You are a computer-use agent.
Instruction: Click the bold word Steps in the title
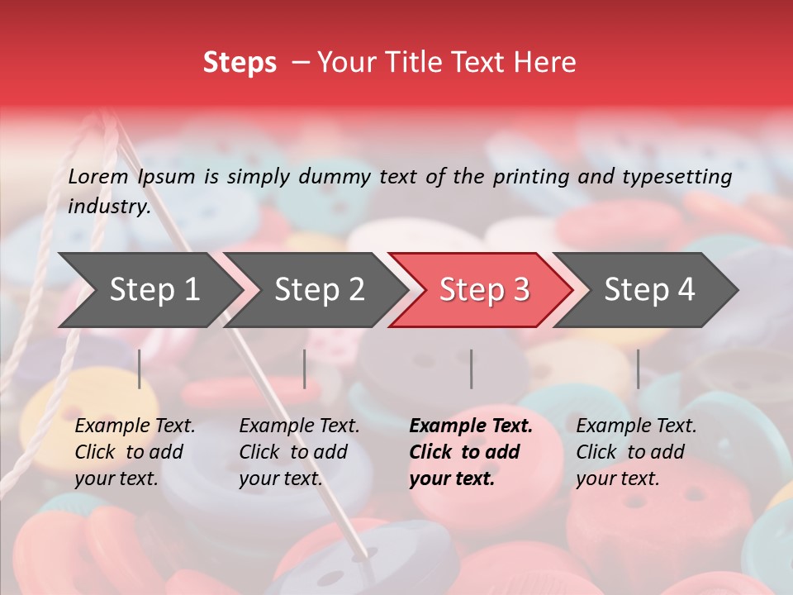[240, 63]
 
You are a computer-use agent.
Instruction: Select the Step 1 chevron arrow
[149, 289]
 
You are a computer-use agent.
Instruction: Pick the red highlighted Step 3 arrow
[483, 289]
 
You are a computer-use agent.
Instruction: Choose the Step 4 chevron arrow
[648, 289]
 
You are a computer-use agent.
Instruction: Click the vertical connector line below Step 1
[140, 369]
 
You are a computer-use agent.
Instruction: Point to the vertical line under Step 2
[305, 369]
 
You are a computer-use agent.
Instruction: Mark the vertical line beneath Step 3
[472, 369]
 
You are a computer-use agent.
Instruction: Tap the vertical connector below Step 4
[639, 369]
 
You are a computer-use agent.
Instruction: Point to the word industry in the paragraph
[108, 206]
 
